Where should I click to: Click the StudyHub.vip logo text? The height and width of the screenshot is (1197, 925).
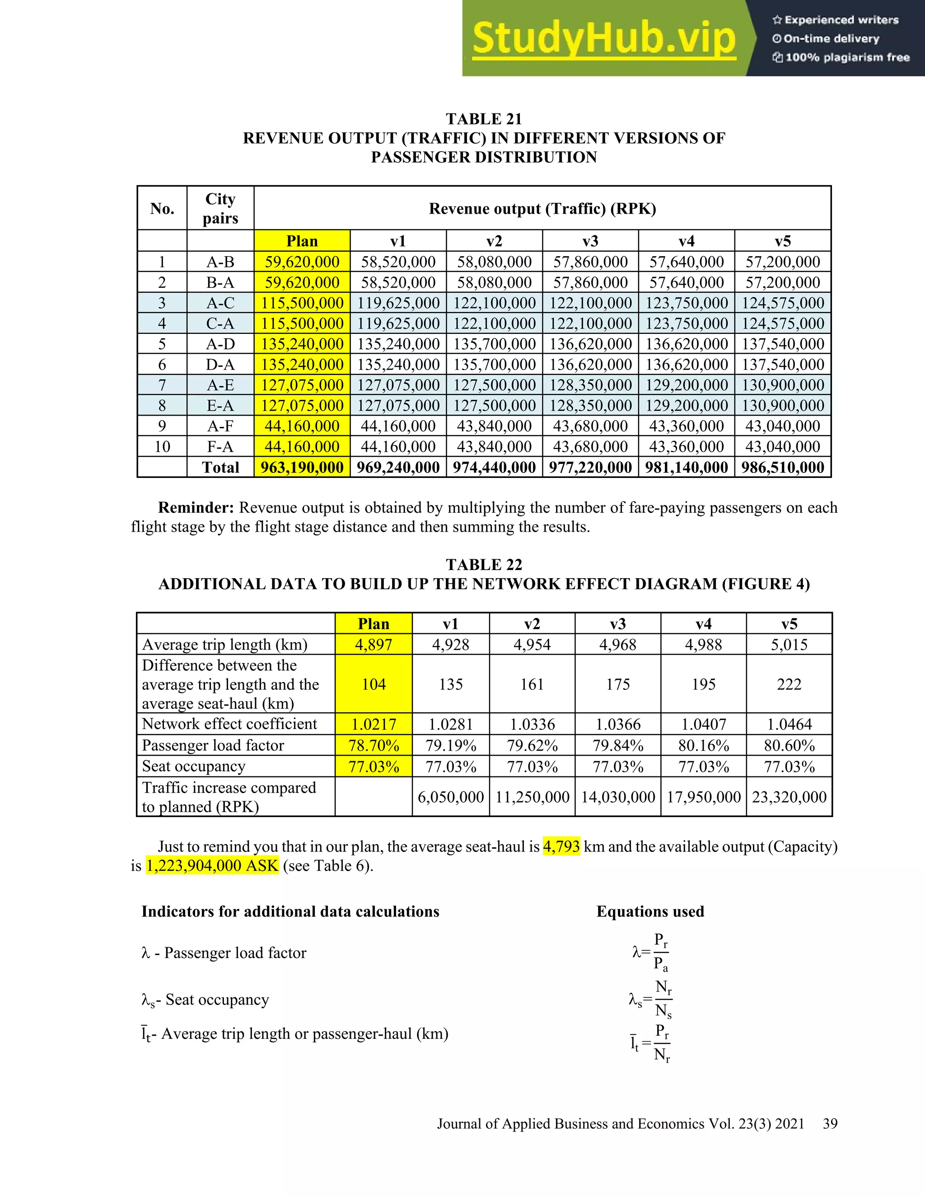(x=603, y=38)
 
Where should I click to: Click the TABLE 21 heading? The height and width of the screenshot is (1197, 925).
(x=483, y=119)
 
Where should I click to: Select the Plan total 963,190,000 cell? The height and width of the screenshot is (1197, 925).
(x=302, y=468)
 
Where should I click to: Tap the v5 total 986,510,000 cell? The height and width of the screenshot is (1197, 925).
(x=783, y=468)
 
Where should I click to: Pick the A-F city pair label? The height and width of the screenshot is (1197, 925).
(x=220, y=426)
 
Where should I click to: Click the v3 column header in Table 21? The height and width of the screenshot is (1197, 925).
(x=590, y=241)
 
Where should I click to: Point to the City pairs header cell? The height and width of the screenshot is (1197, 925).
(x=220, y=208)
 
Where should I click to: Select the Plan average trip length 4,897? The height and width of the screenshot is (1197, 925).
(x=373, y=645)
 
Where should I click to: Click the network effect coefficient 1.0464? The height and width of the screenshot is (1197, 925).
(x=789, y=725)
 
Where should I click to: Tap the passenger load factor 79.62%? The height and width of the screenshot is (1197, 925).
(x=532, y=746)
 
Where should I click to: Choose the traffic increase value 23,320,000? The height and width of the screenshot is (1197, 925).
(x=789, y=797)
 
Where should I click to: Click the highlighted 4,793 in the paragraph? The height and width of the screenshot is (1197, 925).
(x=561, y=847)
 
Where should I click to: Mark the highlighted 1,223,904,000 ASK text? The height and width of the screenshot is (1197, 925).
(x=212, y=866)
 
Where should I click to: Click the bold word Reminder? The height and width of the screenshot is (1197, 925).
(x=196, y=508)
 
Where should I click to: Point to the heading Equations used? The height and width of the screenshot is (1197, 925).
(x=650, y=912)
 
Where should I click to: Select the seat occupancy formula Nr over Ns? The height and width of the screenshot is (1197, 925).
(x=663, y=999)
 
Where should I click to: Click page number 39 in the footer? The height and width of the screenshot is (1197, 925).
(x=830, y=1124)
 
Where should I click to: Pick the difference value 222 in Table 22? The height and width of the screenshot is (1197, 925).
(x=789, y=684)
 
